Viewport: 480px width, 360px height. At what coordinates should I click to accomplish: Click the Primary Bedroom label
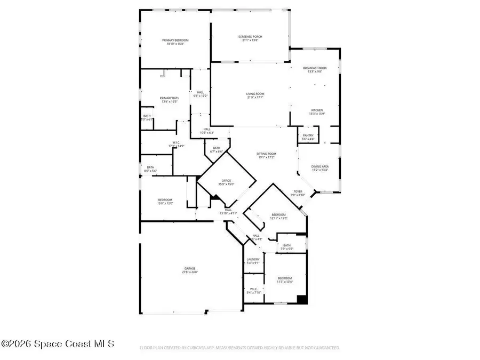click(175, 40)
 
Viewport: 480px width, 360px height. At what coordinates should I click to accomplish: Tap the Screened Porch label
click(250, 36)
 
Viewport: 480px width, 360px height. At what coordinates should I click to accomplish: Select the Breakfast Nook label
click(315, 68)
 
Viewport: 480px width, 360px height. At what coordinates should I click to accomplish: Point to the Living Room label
click(255, 93)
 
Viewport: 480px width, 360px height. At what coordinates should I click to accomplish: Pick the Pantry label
click(308, 135)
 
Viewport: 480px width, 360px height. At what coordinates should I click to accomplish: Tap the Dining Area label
click(320, 166)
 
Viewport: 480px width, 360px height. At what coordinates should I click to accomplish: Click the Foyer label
click(298, 191)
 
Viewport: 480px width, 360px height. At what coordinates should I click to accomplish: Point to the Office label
click(227, 181)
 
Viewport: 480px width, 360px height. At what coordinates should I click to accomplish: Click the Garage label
click(190, 268)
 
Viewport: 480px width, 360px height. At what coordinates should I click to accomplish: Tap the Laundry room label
click(253, 259)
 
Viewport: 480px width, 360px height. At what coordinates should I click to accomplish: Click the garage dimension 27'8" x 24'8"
click(190, 272)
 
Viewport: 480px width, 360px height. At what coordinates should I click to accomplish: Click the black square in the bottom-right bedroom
click(302, 299)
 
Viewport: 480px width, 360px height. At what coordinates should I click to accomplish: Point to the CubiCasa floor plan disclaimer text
click(240, 348)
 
